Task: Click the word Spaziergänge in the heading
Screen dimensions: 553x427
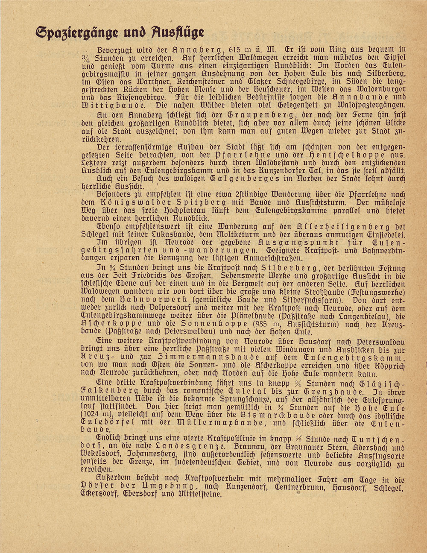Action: pos(75,32)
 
